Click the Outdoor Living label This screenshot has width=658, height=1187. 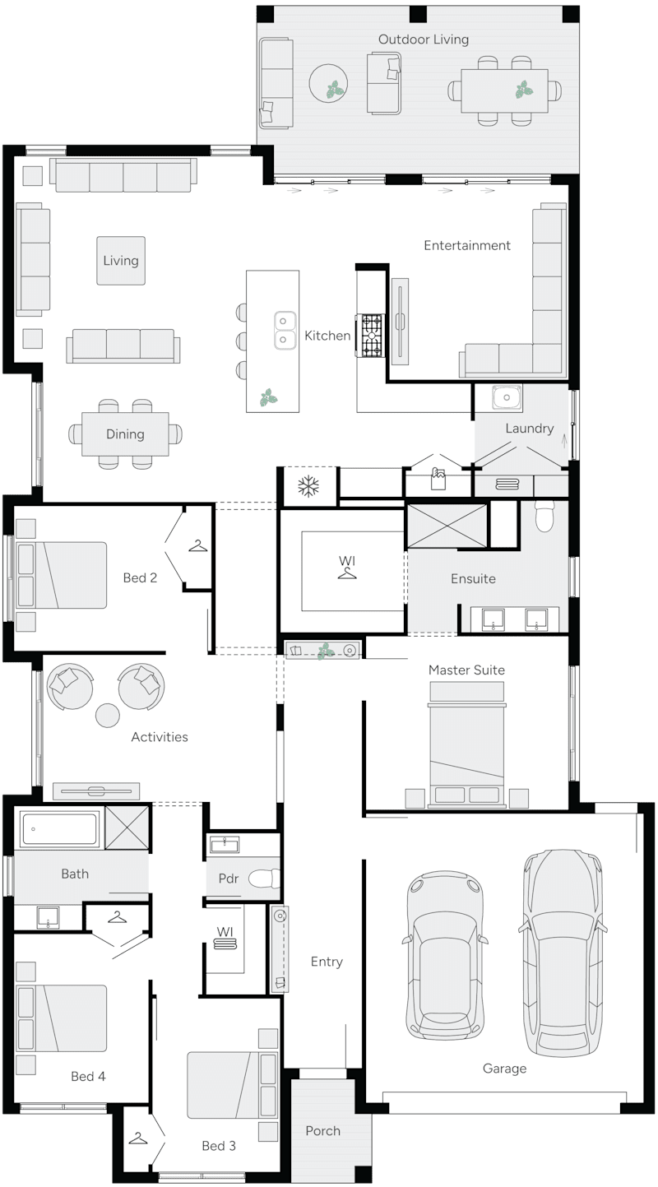pos(423,39)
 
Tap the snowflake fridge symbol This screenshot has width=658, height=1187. pos(308,486)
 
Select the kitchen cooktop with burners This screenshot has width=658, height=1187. pos(370,336)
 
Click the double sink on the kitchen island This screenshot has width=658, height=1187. pos(285,329)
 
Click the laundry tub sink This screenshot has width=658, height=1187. pos(506,398)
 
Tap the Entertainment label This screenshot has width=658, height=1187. pos(467,245)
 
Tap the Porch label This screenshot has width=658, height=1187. pos(322,1131)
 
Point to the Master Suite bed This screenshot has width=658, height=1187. pos(466,744)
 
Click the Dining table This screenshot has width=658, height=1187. pos(125,434)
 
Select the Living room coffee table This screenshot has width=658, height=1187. pos(121,261)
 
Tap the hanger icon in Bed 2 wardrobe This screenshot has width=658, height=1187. pos(197,545)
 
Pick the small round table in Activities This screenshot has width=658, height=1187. pos(108,716)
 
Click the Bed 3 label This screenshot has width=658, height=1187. pos(219,1146)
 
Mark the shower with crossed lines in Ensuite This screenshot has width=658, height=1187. pos(448,525)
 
